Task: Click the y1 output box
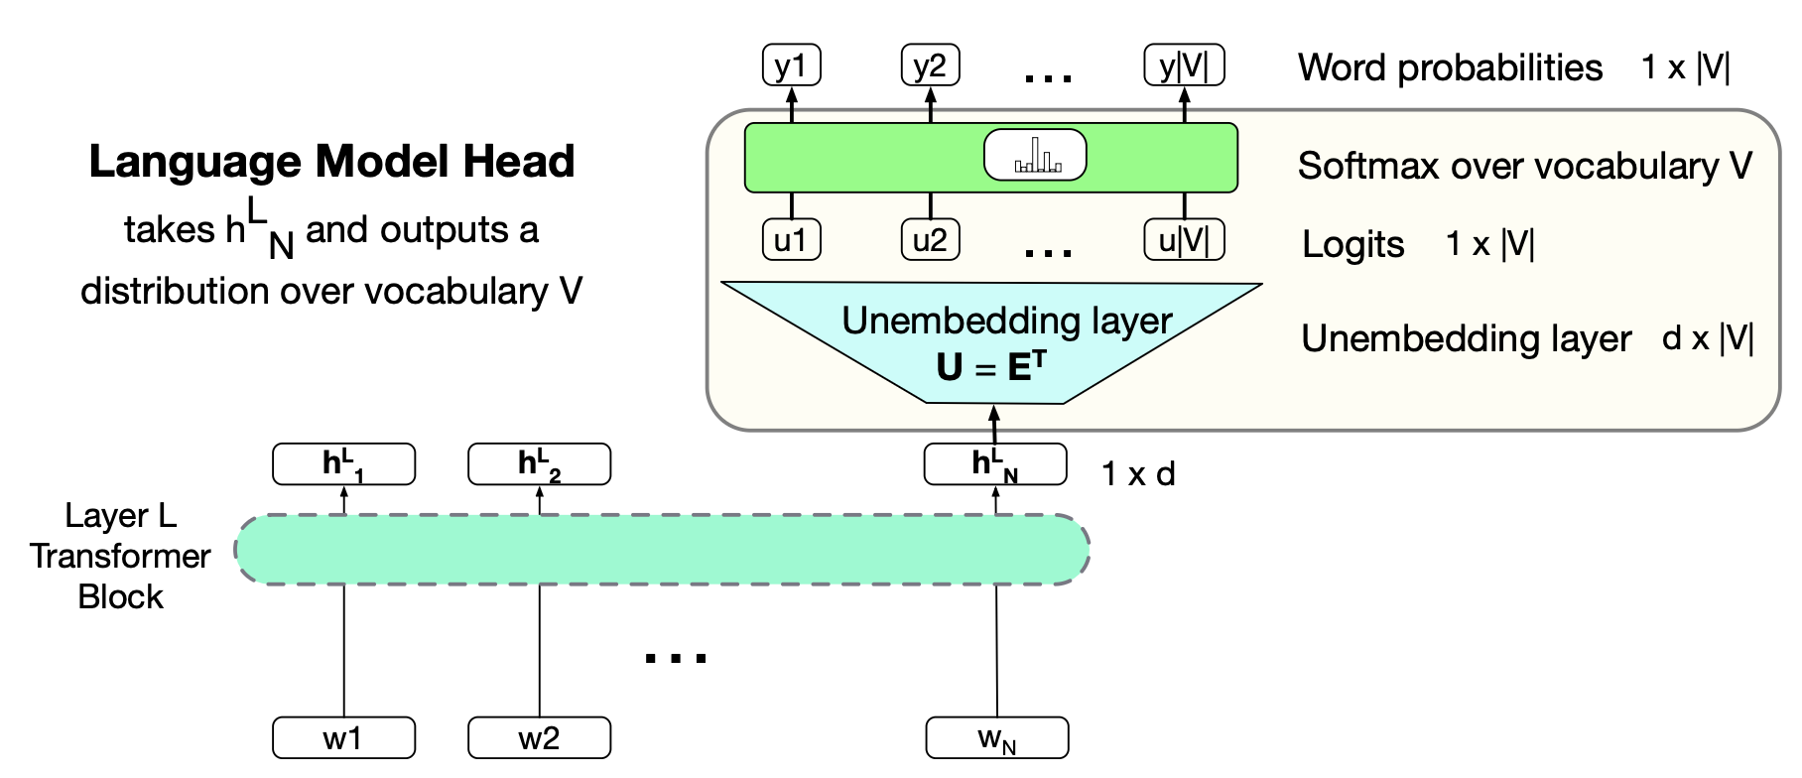[791, 66]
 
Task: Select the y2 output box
[930, 66]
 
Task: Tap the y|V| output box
[1184, 66]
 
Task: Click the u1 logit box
[791, 240]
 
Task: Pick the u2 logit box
[930, 240]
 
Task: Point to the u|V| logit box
[1184, 240]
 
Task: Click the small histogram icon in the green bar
[1035, 156]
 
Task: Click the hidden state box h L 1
[343, 464]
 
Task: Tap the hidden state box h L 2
[539, 464]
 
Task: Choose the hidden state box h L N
[995, 464]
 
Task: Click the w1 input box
[343, 738]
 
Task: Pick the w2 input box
[539, 738]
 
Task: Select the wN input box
[996, 738]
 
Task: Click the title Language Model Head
[331, 162]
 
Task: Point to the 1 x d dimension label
[1138, 474]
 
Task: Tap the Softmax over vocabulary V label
[1524, 166]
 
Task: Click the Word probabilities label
[1450, 67]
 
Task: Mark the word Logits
[1352, 244]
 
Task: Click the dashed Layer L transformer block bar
[662, 550]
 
